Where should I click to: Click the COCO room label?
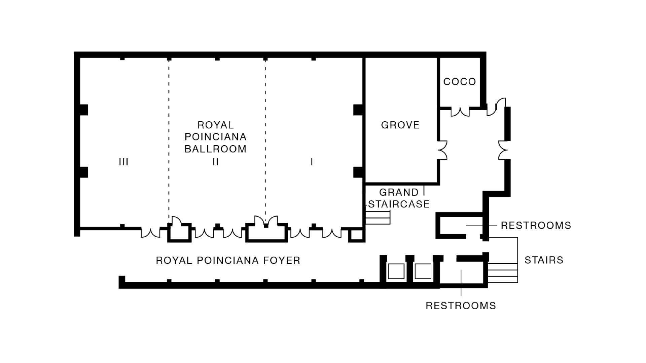460,82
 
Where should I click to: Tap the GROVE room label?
400,125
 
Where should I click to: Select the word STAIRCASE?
399,204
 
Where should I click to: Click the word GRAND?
399,192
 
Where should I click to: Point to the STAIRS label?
544,260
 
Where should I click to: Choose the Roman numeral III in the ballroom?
123,162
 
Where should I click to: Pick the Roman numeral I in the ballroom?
312,162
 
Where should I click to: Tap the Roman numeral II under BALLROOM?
215,162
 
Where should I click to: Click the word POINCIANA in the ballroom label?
215,137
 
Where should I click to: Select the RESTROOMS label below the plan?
461,306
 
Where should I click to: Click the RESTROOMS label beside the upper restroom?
536,225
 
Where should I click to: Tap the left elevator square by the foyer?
396,271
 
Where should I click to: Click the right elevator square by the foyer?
423,271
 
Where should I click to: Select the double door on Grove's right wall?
442,150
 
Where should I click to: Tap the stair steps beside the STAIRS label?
503,273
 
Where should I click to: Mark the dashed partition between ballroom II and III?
169,141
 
